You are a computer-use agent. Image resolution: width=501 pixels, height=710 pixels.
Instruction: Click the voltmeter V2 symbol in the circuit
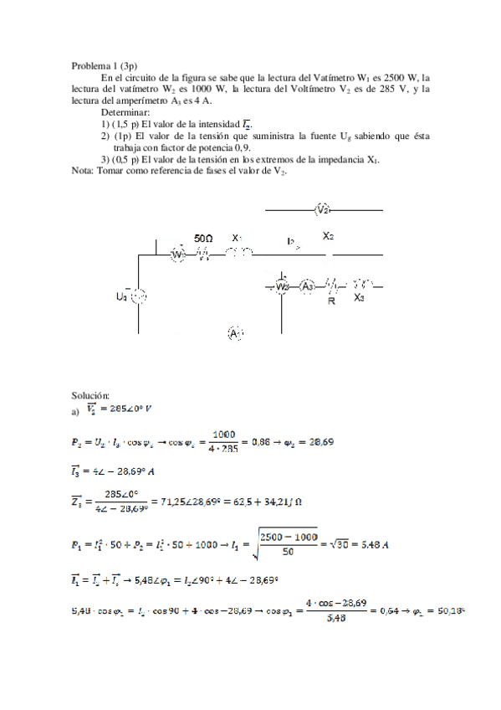coord(324,209)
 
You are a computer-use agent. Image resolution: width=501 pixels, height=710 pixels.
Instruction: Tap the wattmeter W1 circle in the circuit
coord(177,254)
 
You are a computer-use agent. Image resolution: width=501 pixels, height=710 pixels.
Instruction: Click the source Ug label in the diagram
coord(122,296)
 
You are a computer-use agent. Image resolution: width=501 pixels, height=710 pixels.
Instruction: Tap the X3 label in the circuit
coord(359,298)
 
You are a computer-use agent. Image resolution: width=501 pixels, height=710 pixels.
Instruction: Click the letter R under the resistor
coord(332,300)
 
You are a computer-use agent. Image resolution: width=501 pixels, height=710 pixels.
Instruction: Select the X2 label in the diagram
coord(329,237)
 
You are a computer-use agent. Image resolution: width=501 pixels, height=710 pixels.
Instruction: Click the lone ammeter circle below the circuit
coord(235,334)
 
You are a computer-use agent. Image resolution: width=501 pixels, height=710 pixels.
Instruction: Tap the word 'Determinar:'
coord(125,111)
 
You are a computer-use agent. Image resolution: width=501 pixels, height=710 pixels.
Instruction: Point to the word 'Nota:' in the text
coord(84,170)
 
